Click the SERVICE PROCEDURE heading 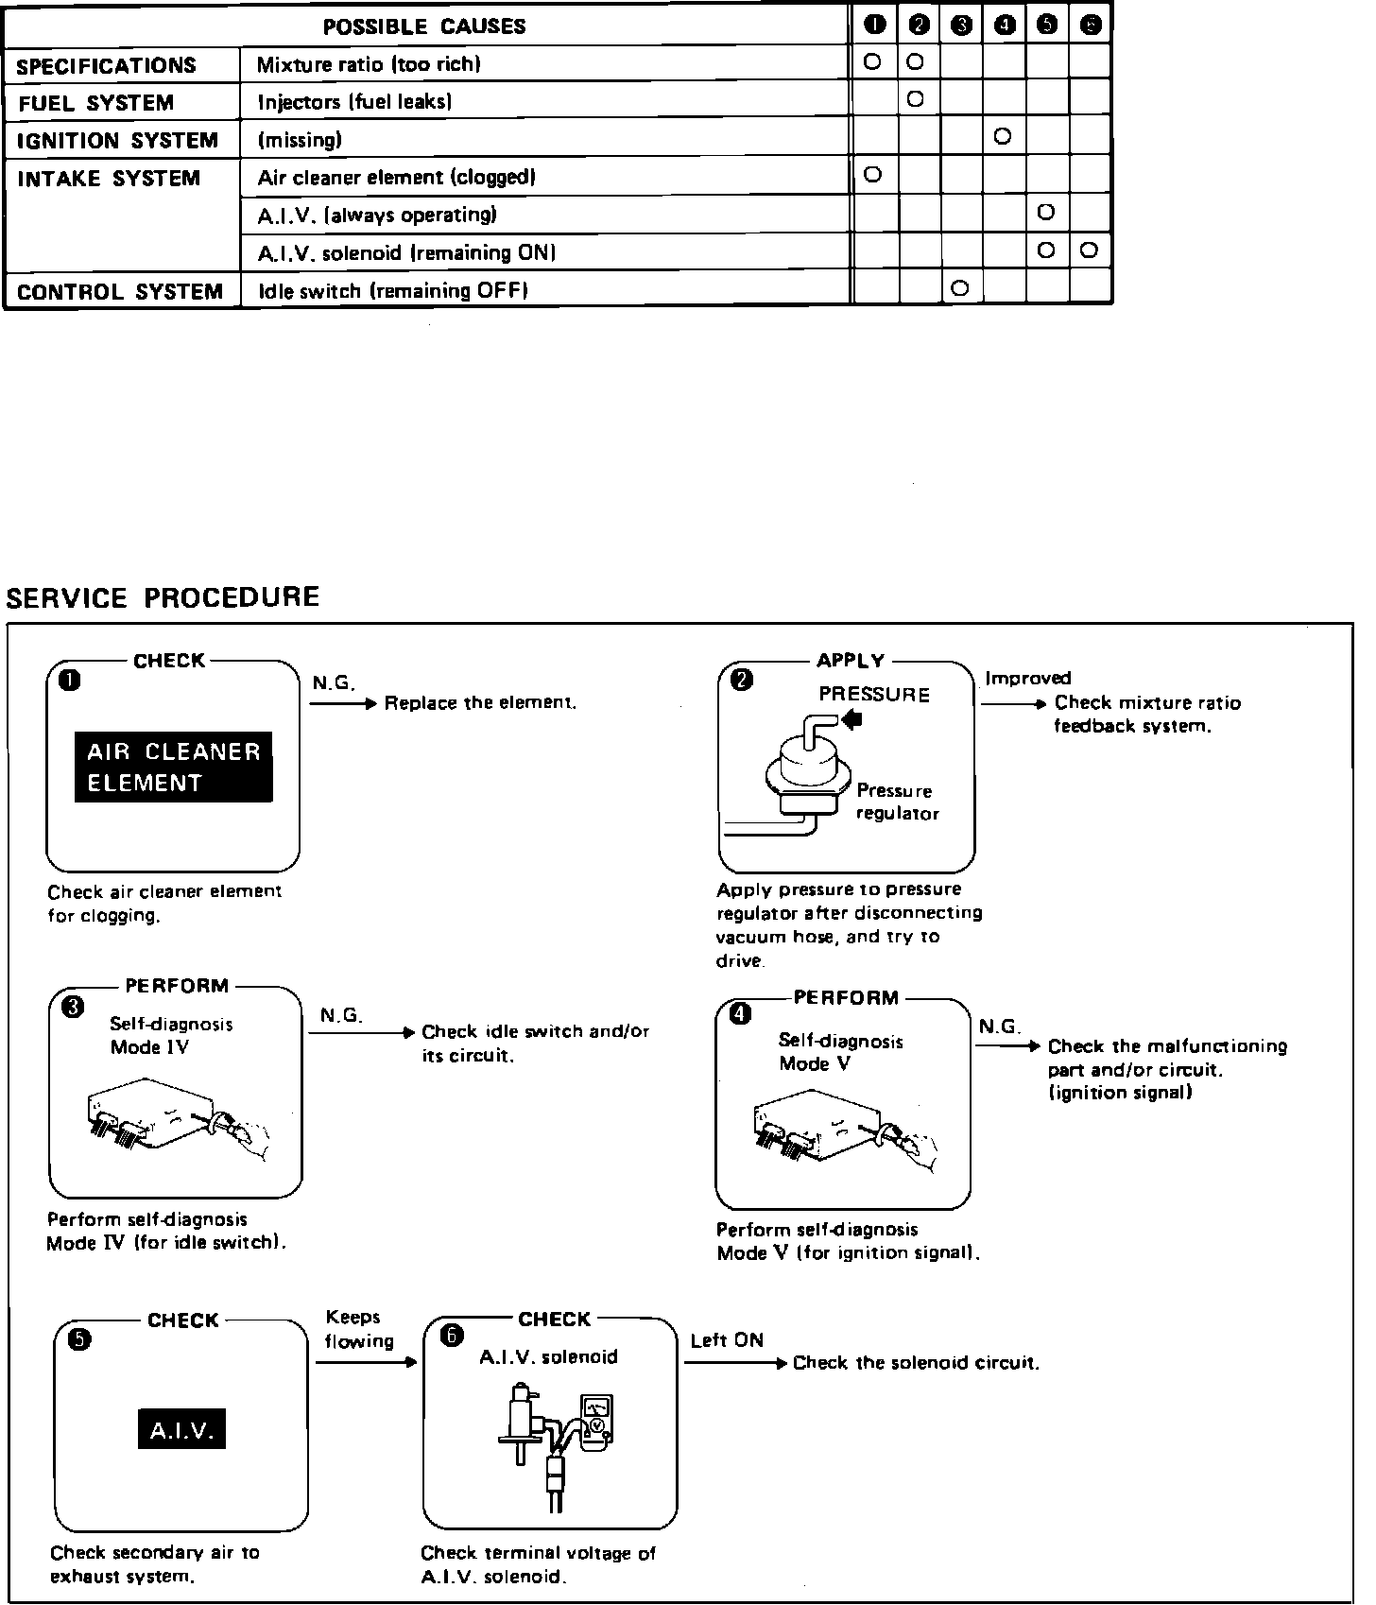pyautogui.click(x=163, y=597)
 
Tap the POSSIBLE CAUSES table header pyautogui.click(x=424, y=26)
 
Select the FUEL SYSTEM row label pyautogui.click(x=95, y=103)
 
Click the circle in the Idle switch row pyautogui.click(x=960, y=288)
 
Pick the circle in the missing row pyautogui.click(x=1004, y=137)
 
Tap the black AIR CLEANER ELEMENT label pyautogui.click(x=174, y=767)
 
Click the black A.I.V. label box pyautogui.click(x=182, y=1432)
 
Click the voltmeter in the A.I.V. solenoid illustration pyautogui.click(x=596, y=1418)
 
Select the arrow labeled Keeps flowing pyautogui.click(x=366, y=1362)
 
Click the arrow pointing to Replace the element pyautogui.click(x=344, y=703)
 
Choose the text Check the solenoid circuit pyautogui.click(x=916, y=1363)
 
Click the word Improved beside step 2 pyautogui.click(x=1028, y=678)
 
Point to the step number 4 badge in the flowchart pyautogui.click(x=742, y=1014)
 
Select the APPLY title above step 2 pyautogui.click(x=851, y=661)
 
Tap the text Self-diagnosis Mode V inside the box pyautogui.click(x=840, y=1052)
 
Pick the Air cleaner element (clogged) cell pyautogui.click(x=397, y=178)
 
